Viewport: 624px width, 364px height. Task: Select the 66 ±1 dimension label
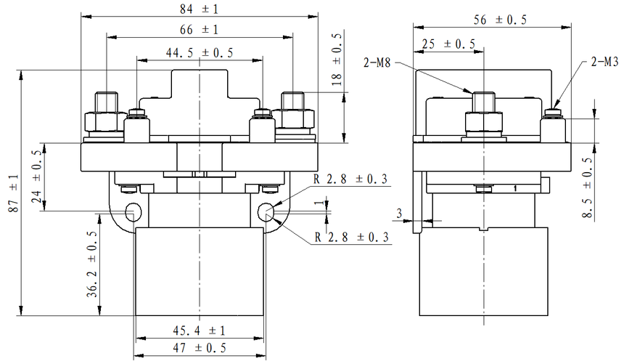pos(199,29)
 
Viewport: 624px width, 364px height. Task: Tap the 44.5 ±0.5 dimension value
pos(200,52)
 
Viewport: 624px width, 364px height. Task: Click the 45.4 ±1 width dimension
pos(199,331)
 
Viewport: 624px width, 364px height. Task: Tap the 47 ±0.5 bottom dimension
pos(199,348)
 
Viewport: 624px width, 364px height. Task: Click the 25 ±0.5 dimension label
pos(448,44)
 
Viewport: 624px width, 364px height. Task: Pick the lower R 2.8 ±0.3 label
pos(351,237)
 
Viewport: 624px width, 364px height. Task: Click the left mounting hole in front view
pos(134,211)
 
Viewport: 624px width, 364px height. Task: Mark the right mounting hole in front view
pos(267,211)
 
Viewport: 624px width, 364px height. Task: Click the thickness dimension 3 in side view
pos(399,212)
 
